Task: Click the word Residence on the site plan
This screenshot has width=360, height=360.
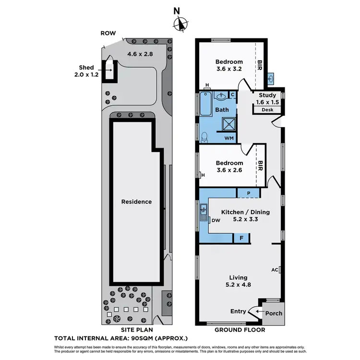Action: pos(136,202)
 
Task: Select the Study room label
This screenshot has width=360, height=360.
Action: pos(267,95)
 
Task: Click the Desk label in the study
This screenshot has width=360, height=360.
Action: pos(267,110)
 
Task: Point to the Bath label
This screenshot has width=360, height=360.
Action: pos(222,110)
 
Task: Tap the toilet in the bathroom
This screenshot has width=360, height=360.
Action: pos(204,137)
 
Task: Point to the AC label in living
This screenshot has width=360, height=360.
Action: pos(275,270)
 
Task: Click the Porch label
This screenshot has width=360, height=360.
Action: pos(274,313)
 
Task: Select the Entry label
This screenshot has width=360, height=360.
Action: pos(238,311)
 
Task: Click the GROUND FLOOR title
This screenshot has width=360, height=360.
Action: pos(239,330)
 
